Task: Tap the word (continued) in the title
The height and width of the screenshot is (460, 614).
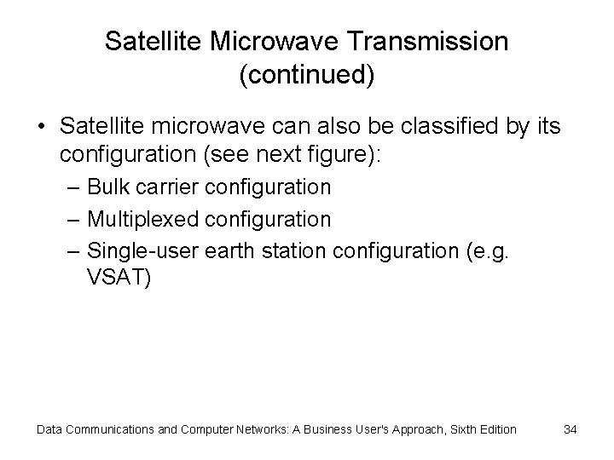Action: pyautogui.click(x=307, y=75)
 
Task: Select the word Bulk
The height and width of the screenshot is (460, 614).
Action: pyautogui.click(x=107, y=187)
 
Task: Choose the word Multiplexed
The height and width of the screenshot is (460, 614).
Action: pyautogui.click(x=143, y=219)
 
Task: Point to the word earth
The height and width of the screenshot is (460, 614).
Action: pyautogui.click(x=221, y=251)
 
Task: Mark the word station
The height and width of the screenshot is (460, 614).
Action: pyautogui.click(x=288, y=251)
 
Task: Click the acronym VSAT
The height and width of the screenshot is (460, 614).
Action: pyautogui.click(x=119, y=278)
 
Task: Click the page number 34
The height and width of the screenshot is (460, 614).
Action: pyautogui.click(x=571, y=429)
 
